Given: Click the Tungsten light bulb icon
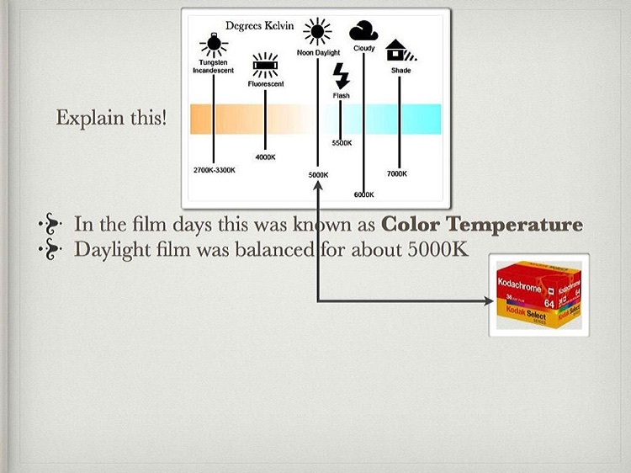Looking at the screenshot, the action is (x=214, y=45).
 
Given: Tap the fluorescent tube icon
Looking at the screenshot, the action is (x=265, y=65).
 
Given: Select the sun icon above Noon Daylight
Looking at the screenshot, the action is (x=317, y=31).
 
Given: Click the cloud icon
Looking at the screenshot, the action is (x=363, y=30).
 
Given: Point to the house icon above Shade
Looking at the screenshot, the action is (x=400, y=50).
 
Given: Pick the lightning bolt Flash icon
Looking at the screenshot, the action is (x=342, y=76).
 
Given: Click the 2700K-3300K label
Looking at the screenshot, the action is (x=214, y=170).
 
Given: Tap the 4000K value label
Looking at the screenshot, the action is (x=265, y=157).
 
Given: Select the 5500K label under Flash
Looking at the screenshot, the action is (x=342, y=143).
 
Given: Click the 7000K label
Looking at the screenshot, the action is (x=397, y=173).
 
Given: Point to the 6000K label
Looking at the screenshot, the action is (x=363, y=194).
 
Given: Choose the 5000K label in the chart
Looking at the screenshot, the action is (x=318, y=175).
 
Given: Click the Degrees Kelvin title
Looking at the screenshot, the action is (x=260, y=26).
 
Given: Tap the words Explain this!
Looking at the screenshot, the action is (x=111, y=118).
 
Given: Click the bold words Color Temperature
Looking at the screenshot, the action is (x=482, y=224).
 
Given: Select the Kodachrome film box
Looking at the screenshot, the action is (x=538, y=295).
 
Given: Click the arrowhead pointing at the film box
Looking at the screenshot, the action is (x=489, y=300).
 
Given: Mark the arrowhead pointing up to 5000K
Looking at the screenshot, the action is (x=318, y=185).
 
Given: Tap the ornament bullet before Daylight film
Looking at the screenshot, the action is (x=50, y=249).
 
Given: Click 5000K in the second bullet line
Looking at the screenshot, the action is (x=437, y=250).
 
